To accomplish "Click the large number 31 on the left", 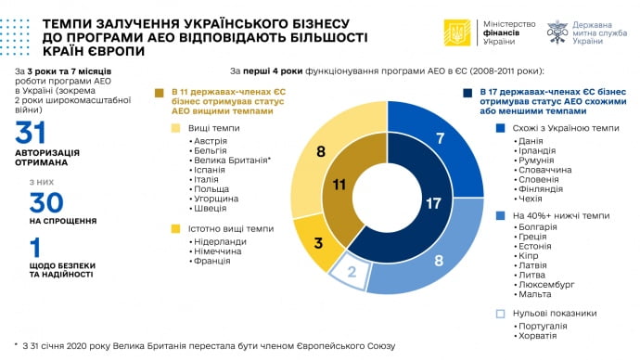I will (30, 133).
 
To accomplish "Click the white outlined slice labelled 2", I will (352, 272).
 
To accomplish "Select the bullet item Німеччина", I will (214, 251).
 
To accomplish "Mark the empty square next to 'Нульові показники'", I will (501, 313).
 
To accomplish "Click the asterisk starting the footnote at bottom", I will (17, 345).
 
